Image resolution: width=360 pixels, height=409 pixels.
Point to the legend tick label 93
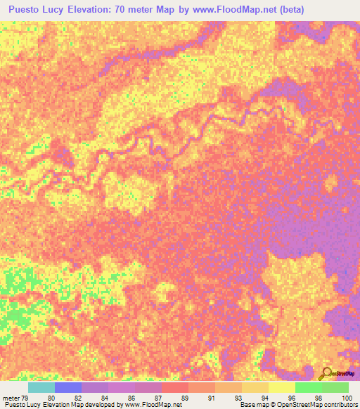tap(238, 398)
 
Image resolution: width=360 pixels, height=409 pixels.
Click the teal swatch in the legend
tap(41, 387)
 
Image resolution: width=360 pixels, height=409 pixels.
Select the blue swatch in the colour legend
tap(68, 387)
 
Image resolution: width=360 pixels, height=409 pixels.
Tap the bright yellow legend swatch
tap(282, 387)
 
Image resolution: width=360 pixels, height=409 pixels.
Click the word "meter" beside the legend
tap(10, 398)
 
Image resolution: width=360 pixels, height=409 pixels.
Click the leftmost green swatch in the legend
tap(309, 387)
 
